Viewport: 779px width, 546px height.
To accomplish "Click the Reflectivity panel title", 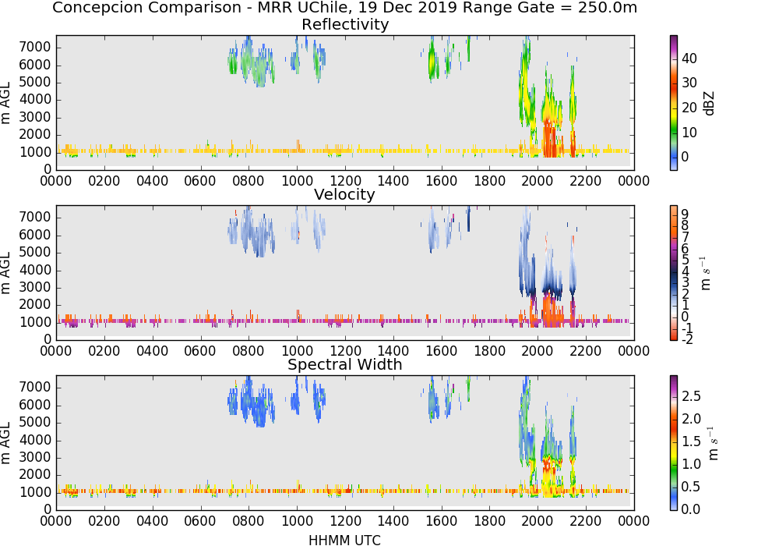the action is (x=345, y=24).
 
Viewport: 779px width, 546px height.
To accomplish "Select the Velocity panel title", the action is (x=344, y=194).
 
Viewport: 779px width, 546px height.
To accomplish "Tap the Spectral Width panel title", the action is (x=345, y=364).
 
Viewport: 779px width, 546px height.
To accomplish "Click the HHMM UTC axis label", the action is (x=344, y=540).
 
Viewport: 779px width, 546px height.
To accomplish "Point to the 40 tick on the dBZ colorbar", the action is (x=689, y=58).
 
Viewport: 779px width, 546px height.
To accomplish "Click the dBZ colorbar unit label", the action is (x=709, y=104).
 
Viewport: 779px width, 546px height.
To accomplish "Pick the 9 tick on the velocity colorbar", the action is (x=685, y=214).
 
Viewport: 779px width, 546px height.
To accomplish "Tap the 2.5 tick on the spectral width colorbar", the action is (x=690, y=396).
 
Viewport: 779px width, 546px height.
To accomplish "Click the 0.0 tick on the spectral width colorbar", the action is (x=690, y=509).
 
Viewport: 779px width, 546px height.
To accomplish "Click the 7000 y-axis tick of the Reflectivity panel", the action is (x=35, y=48).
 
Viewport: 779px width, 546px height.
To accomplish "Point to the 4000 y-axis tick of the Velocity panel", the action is (x=35, y=270).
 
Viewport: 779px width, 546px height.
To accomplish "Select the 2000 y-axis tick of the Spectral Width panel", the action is (x=35, y=475).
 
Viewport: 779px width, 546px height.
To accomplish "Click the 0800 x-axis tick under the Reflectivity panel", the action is (x=249, y=181).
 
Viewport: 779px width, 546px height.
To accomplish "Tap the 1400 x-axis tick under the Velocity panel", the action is (x=393, y=351).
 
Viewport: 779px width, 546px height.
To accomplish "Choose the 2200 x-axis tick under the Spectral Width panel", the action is (x=585, y=521).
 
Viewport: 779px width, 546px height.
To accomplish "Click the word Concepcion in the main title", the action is (x=90, y=8).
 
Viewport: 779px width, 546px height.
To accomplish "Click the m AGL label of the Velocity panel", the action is (x=5, y=273).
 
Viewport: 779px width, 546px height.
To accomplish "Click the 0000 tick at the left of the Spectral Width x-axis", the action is (x=56, y=521).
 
